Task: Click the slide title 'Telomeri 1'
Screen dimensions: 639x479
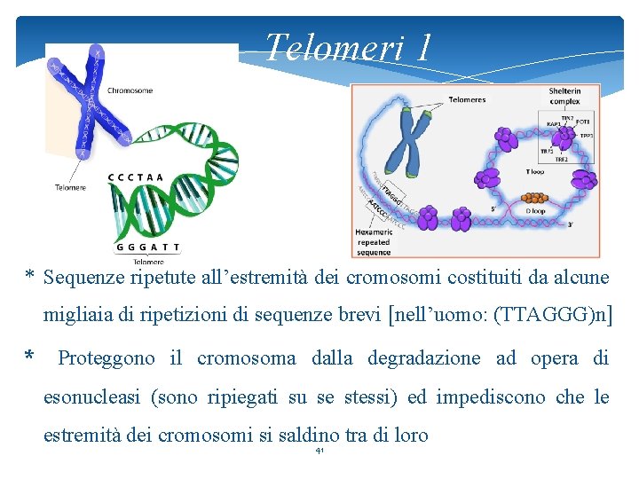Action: click(348, 47)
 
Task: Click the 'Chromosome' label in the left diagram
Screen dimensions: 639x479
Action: click(130, 90)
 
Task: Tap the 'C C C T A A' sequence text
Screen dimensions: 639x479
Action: click(136, 177)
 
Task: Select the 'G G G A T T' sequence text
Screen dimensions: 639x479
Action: click(147, 247)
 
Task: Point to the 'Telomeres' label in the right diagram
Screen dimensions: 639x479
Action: click(467, 99)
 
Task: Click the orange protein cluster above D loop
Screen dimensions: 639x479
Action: click(534, 197)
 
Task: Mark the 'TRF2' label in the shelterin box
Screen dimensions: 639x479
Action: click(561, 160)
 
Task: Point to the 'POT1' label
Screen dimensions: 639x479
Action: click(582, 121)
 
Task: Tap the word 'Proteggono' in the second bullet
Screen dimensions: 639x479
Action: click(106, 358)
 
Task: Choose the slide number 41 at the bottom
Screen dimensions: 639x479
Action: click(319, 452)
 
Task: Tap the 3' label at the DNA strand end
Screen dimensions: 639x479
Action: click(571, 224)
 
